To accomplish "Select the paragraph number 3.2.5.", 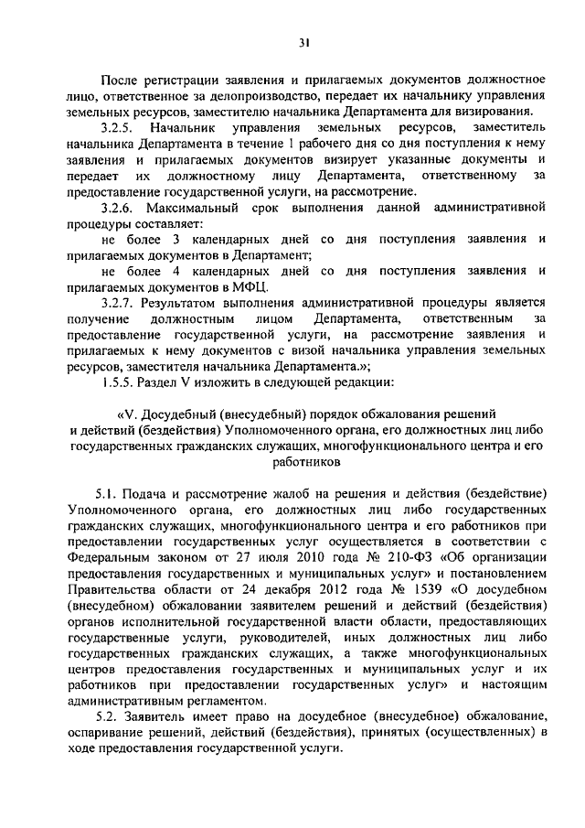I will pyautogui.click(x=119, y=128).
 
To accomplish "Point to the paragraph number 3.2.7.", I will pyautogui.click(x=119, y=303).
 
